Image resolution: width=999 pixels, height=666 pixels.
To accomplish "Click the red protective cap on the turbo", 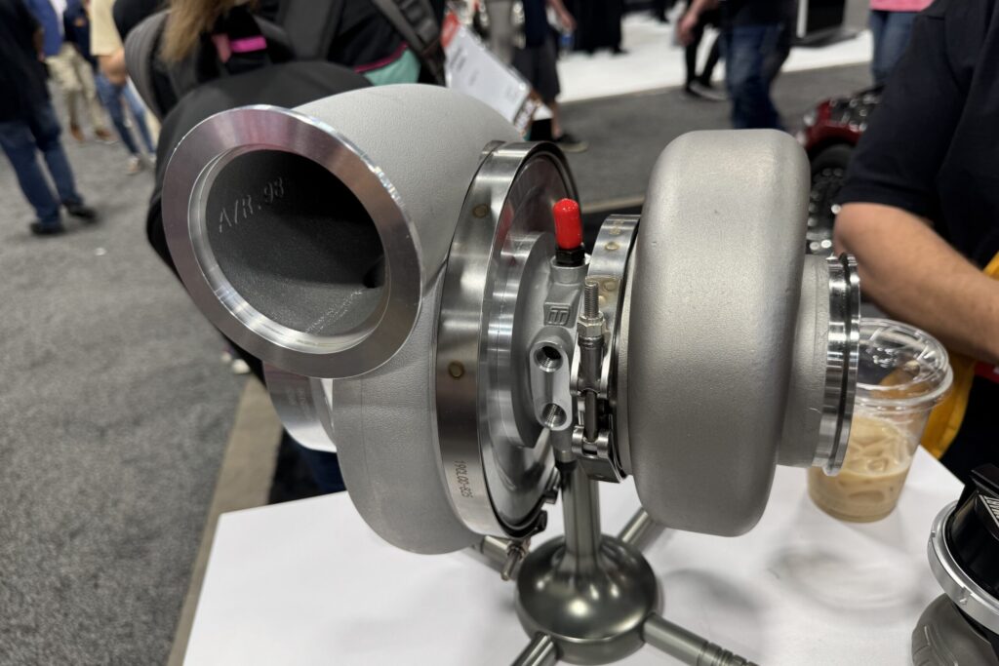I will pyautogui.click(x=567, y=223).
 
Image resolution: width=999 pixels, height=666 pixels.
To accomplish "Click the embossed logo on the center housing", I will pyautogui.click(x=558, y=315).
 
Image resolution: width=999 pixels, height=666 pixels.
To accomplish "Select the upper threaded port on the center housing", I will pyautogui.click(x=548, y=358).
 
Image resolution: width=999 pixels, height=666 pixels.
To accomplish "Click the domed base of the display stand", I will pyautogui.click(x=585, y=584).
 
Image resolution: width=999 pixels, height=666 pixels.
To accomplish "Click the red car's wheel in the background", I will pyautogui.click(x=828, y=196).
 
